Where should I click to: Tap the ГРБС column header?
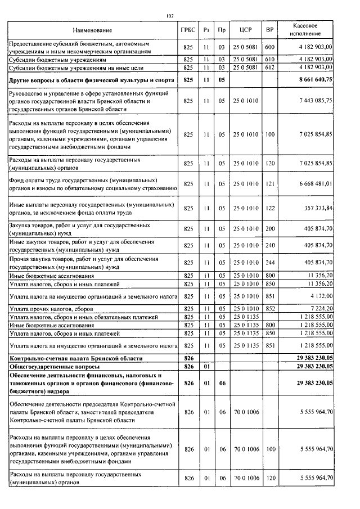coord(188,30)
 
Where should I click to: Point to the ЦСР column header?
coord(245,30)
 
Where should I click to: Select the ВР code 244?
coord(269,262)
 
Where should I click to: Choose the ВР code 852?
coord(269,309)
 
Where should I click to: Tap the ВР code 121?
coord(269,183)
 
